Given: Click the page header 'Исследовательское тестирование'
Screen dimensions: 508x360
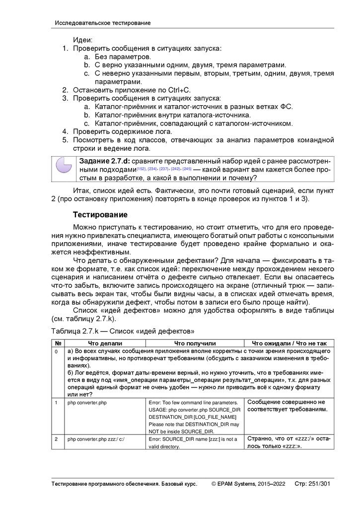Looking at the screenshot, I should [x=103, y=23].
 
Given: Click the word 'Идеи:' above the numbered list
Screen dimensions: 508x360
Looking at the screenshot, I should [x=83, y=40].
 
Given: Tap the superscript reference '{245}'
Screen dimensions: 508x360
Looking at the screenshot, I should [x=187, y=169].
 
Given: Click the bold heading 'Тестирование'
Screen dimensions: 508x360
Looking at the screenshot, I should [x=100, y=215].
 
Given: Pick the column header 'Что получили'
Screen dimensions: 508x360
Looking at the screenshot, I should [x=195, y=343].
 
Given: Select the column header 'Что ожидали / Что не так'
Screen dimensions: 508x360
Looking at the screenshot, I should [x=289, y=343].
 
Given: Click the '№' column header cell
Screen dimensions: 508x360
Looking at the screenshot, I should [x=58, y=343].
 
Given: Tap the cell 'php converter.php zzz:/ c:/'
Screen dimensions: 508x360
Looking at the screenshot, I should [x=96, y=439].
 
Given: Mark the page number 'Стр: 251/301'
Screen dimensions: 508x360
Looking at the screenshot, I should [x=312, y=484].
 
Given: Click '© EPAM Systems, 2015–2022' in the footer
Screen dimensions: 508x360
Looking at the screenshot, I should [x=248, y=484].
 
